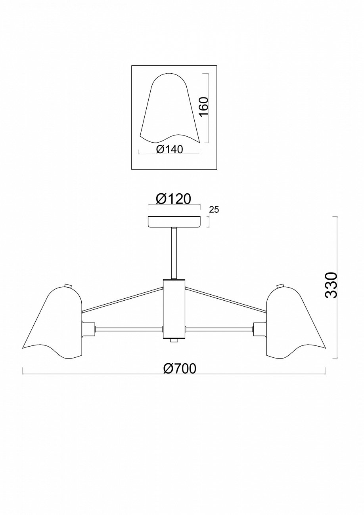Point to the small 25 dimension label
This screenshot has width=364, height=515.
pyautogui.click(x=214, y=210)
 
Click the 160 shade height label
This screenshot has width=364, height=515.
pyautogui.click(x=204, y=107)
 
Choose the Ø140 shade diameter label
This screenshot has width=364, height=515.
pyautogui.click(x=169, y=149)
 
